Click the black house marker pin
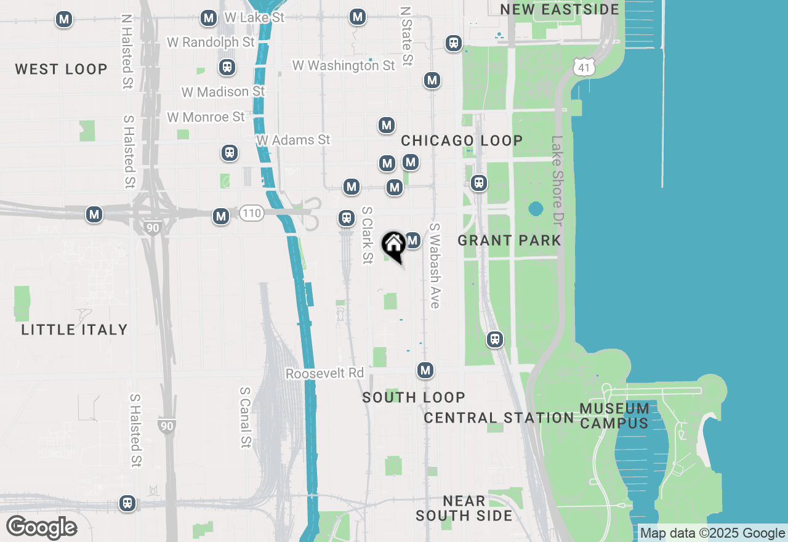pos(393,245)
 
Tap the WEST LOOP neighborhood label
pos(62,69)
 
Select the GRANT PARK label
pos(510,240)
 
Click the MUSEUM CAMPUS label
pos(614,416)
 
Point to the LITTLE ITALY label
pos(74,330)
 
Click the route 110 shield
pos(251,213)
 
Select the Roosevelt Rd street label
pos(325,373)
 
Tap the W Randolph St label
pos(211,42)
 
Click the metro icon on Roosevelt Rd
pos(425,370)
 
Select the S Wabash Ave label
pos(435,265)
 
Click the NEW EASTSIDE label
pos(560,9)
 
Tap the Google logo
pos(41,528)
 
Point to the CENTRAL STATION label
pos(499,418)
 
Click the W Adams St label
pos(294,140)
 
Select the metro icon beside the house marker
pos(412,240)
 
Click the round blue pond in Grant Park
pos(536,209)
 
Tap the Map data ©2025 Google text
pos(713,533)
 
